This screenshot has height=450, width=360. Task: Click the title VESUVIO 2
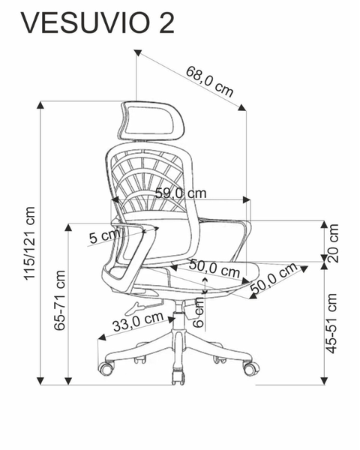(x=97, y=23)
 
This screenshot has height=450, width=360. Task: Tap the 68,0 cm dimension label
(x=209, y=81)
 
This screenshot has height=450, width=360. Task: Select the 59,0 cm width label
(x=181, y=193)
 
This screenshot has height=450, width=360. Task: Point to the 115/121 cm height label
(x=29, y=243)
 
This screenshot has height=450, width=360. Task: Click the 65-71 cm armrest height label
(x=60, y=300)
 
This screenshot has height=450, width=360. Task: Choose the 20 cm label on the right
(x=333, y=243)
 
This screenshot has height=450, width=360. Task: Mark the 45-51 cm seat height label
(x=331, y=323)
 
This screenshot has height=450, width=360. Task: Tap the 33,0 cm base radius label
(x=138, y=322)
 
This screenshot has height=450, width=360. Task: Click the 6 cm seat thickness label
(x=198, y=313)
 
